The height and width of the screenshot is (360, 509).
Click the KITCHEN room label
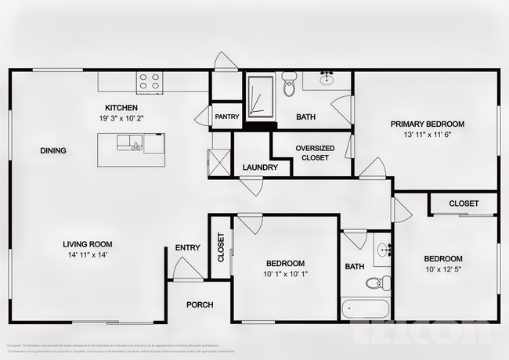[x=121, y=107]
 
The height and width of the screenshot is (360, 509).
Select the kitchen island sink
[x=127, y=142]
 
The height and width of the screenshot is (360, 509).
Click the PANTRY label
[x=226, y=117]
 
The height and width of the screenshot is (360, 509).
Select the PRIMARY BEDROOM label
[x=428, y=124]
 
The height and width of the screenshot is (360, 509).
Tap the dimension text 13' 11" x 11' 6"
[x=428, y=135]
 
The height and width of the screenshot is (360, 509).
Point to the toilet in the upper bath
[x=288, y=85]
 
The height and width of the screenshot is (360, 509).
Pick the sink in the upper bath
[x=327, y=79]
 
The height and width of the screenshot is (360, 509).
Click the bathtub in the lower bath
[x=366, y=309]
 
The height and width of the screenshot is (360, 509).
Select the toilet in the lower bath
[x=381, y=283]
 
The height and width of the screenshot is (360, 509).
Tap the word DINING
[x=53, y=151]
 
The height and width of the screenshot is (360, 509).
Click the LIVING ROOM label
[x=91, y=244]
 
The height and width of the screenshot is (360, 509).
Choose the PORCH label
[x=199, y=304]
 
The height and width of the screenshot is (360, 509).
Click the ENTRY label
[x=187, y=248]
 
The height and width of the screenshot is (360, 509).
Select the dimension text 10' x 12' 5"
[x=443, y=271]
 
